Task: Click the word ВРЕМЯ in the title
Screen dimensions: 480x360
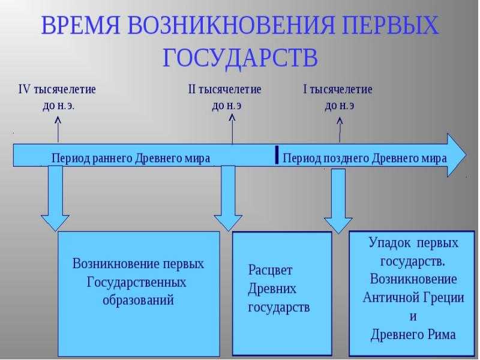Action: tap(81, 25)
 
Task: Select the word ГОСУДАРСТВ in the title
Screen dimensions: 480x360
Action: tap(241, 58)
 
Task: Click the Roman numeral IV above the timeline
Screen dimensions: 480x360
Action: tap(25, 89)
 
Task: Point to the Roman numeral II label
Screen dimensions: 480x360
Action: tap(191, 89)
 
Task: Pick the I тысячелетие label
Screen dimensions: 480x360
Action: tap(338, 89)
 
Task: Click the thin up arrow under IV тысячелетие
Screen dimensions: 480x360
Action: tap(58, 130)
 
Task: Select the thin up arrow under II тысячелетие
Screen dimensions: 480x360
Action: tap(232, 128)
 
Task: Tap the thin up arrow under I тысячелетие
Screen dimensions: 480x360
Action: tap(340, 130)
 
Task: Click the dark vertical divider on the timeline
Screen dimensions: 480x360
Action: tap(277, 155)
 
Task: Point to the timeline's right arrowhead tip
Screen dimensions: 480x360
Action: tap(466, 155)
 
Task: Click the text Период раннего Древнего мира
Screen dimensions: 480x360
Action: tap(131, 158)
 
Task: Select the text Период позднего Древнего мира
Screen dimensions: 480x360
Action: tap(365, 158)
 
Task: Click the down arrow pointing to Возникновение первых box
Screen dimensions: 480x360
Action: tap(55, 198)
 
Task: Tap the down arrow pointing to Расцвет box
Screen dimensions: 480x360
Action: tap(228, 199)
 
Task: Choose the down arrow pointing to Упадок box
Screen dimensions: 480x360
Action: tap(338, 201)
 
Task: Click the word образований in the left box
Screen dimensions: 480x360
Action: tap(138, 300)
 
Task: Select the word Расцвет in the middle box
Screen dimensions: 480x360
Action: tap(270, 271)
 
